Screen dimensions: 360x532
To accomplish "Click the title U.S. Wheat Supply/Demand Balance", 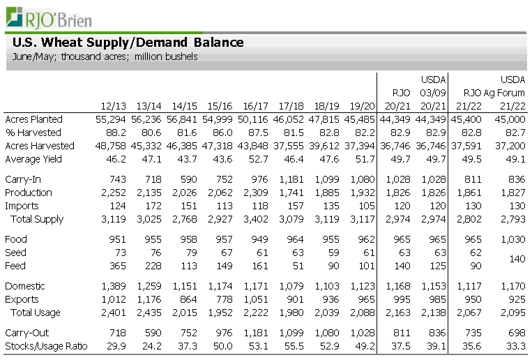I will pyautogui.click(x=128, y=43).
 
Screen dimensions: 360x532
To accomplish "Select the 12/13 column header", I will pyautogui.click(x=113, y=106).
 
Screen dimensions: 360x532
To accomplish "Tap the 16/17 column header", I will pyautogui.click(x=256, y=106).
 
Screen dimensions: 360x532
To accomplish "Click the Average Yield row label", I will pyautogui.click(x=33, y=159).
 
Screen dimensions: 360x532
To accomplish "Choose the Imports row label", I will pyautogui.click(x=22, y=206).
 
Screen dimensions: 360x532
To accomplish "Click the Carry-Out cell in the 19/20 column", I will pyautogui.click(x=361, y=333).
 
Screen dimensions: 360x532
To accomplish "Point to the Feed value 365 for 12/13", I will pyautogui.click(x=118, y=266).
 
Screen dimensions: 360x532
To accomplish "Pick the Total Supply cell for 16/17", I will pyautogui.click(x=256, y=219).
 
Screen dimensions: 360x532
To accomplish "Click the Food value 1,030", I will pyautogui.click(x=512, y=239).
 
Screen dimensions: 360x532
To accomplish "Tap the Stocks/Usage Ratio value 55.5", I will pyautogui.click(x=295, y=346).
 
